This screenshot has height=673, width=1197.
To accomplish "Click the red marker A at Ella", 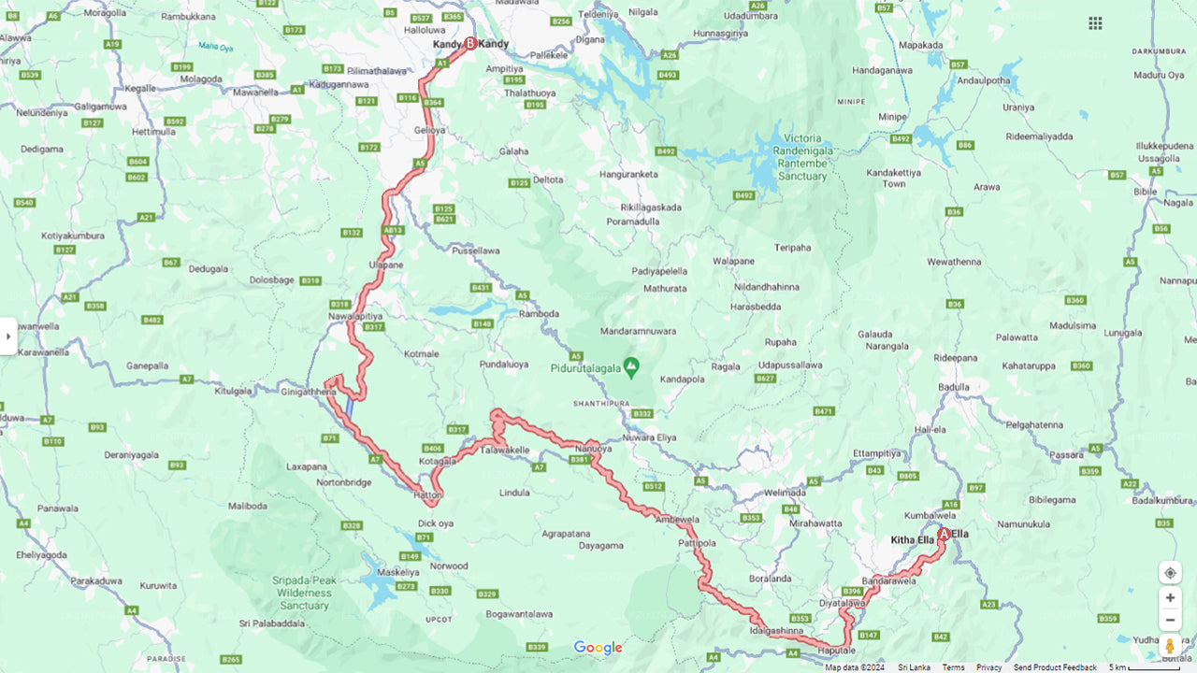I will (x=944, y=535).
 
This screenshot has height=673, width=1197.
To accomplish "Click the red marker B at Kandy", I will (x=470, y=43).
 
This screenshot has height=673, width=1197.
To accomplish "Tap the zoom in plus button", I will (x=1170, y=597).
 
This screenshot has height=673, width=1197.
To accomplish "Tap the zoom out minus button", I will (x=1170, y=620).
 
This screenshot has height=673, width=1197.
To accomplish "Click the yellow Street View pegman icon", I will (x=1170, y=646).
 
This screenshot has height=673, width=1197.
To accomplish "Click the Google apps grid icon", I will (x=1095, y=23).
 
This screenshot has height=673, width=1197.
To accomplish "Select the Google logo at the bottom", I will (x=598, y=648).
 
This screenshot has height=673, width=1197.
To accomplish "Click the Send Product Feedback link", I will (x=1055, y=667).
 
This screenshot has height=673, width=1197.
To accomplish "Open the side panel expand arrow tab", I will (x=8, y=336).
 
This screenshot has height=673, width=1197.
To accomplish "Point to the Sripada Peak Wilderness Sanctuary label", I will (x=304, y=593).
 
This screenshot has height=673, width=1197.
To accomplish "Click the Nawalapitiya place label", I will (x=355, y=316).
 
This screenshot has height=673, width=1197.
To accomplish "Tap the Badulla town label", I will (x=954, y=387).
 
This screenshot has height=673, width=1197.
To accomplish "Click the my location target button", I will (x=1170, y=572).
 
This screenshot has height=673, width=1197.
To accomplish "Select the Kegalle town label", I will (x=139, y=87).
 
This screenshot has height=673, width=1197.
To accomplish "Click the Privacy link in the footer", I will (x=988, y=667).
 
